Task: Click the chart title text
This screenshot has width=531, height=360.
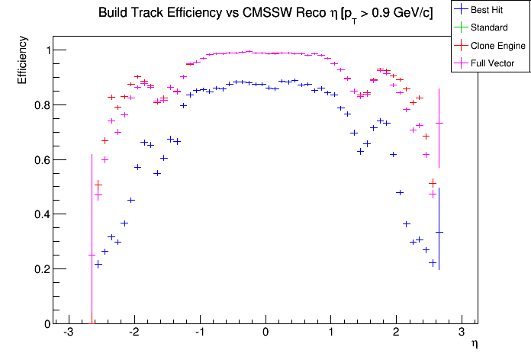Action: [265, 14]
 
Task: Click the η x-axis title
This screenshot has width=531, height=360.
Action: [474, 345]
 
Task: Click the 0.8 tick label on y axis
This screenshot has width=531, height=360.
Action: [39, 105]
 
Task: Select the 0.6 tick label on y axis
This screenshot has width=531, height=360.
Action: [39, 160]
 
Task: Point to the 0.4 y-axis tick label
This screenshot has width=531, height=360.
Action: [39, 214]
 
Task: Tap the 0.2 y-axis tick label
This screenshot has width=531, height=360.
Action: [39, 269]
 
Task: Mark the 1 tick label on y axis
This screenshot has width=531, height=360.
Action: [44, 50]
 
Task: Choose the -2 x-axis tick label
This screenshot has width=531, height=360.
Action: [133, 334]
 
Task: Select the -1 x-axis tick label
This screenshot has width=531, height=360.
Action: [198, 334]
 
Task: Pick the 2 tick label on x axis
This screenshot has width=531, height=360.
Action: [396, 334]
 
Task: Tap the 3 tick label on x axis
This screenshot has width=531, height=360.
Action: [462, 334]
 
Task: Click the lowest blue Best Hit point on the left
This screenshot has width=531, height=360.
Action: [98, 264]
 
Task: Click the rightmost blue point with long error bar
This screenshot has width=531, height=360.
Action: [439, 233]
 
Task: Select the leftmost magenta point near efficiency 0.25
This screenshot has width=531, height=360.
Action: [92, 255]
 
